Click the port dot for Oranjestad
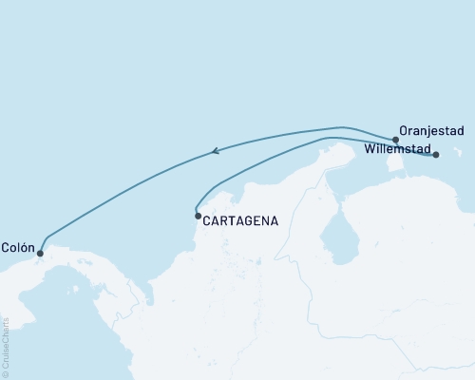tap(395, 140)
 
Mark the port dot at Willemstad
tap(436, 154)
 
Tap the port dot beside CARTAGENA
tap(198, 217)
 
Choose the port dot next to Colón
tap(40, 253)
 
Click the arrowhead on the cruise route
tap(217, 149)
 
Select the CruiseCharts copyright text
tap(5, 343)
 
